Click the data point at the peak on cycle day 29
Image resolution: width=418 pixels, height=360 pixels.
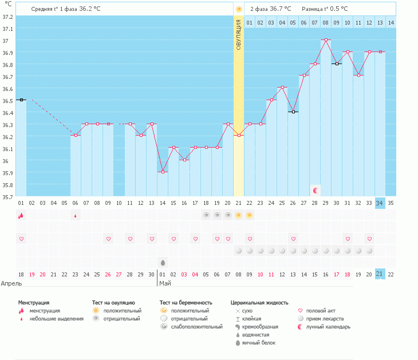click(x=326, y=40)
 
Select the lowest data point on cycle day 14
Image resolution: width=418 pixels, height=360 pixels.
click(x=163, y=172)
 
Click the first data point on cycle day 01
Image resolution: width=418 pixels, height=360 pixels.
click(x=21, y=100)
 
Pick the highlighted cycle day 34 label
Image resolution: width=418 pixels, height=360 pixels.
click(x=380, y=203)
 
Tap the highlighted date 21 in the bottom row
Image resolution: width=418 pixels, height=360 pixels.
click(x=380, y=274)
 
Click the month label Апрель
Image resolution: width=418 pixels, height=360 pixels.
click(x=11, y=283)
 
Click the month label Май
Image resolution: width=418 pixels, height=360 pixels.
click(x=164, y=283)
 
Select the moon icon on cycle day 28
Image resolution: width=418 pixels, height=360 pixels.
click(x=315, y=190)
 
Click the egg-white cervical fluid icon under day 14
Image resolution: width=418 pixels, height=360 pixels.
click(x=163, y=263)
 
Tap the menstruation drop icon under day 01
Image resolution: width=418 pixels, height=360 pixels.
click(x=21, y=215)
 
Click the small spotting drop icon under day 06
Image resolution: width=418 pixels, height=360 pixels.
click(x=75, y=216)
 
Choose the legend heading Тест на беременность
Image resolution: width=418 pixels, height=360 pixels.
click(x=186, y=302)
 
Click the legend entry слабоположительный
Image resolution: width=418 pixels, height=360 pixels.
click(x=200, y=327)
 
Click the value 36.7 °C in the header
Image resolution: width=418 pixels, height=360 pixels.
click(x=281, y=9)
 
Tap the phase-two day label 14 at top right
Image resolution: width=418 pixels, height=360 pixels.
click(x=391, y=22)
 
